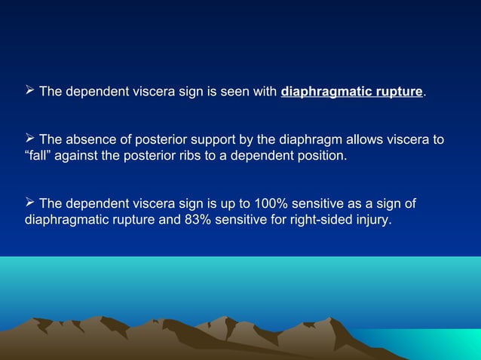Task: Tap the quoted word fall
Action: (38, 157)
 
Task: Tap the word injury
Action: (372, 221)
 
